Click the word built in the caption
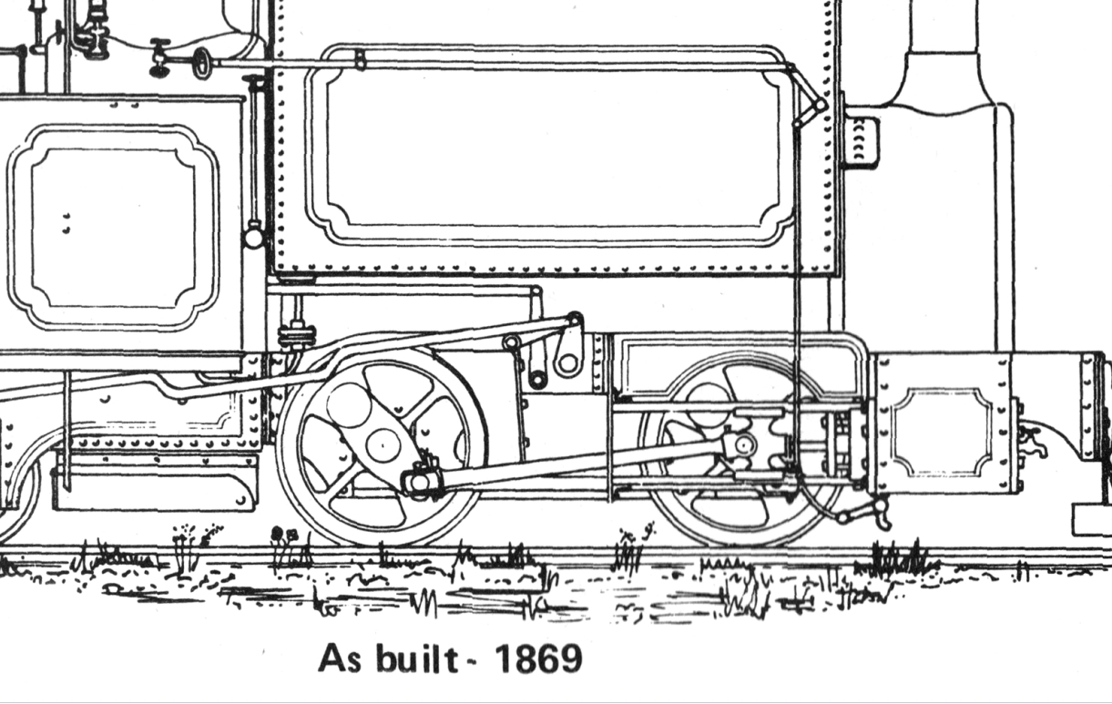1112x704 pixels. click(x=416, y=658)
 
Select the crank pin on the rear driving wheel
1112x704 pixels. click(x=422, y=480)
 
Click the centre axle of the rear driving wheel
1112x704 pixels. click(x=383, y=445)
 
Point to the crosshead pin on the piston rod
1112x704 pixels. click(x=743, y=444)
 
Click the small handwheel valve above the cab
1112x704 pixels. click(x=201, y=63)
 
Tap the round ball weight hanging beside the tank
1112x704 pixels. click(x=253, y=236)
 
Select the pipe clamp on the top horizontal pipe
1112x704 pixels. click(x=361, y=59)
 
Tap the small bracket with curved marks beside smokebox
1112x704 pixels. click(x=862, y=141)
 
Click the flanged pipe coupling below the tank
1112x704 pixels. click(x=297, y=335)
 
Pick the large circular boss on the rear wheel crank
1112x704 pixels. click(x=349, y=405)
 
